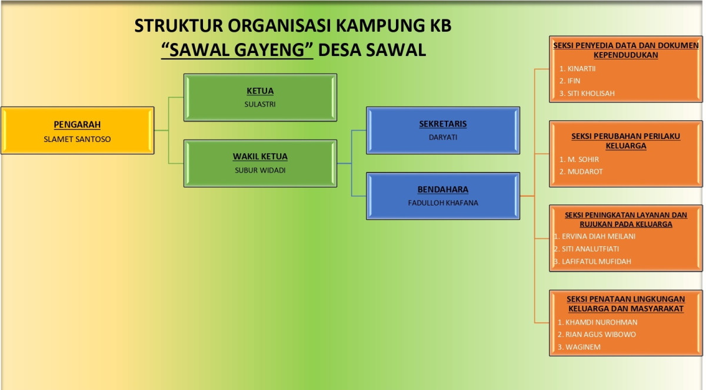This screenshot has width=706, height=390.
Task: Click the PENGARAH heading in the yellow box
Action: (77, 125)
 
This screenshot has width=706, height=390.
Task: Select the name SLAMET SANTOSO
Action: (77, 139)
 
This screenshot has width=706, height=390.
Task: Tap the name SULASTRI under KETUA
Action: (260, 104)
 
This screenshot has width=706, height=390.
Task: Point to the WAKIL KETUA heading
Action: (260, 157)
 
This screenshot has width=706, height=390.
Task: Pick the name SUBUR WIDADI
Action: (260, 170)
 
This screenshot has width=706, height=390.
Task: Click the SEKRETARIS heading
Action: (443, 124)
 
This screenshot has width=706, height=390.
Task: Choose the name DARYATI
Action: (443, 137)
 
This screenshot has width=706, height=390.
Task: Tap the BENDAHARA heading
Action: (443, 189)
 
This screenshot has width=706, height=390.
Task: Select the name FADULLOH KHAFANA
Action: (443, 203)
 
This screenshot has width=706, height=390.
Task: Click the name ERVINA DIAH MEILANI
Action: (598, 236)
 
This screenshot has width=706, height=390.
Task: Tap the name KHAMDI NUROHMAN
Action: (601, 322)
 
